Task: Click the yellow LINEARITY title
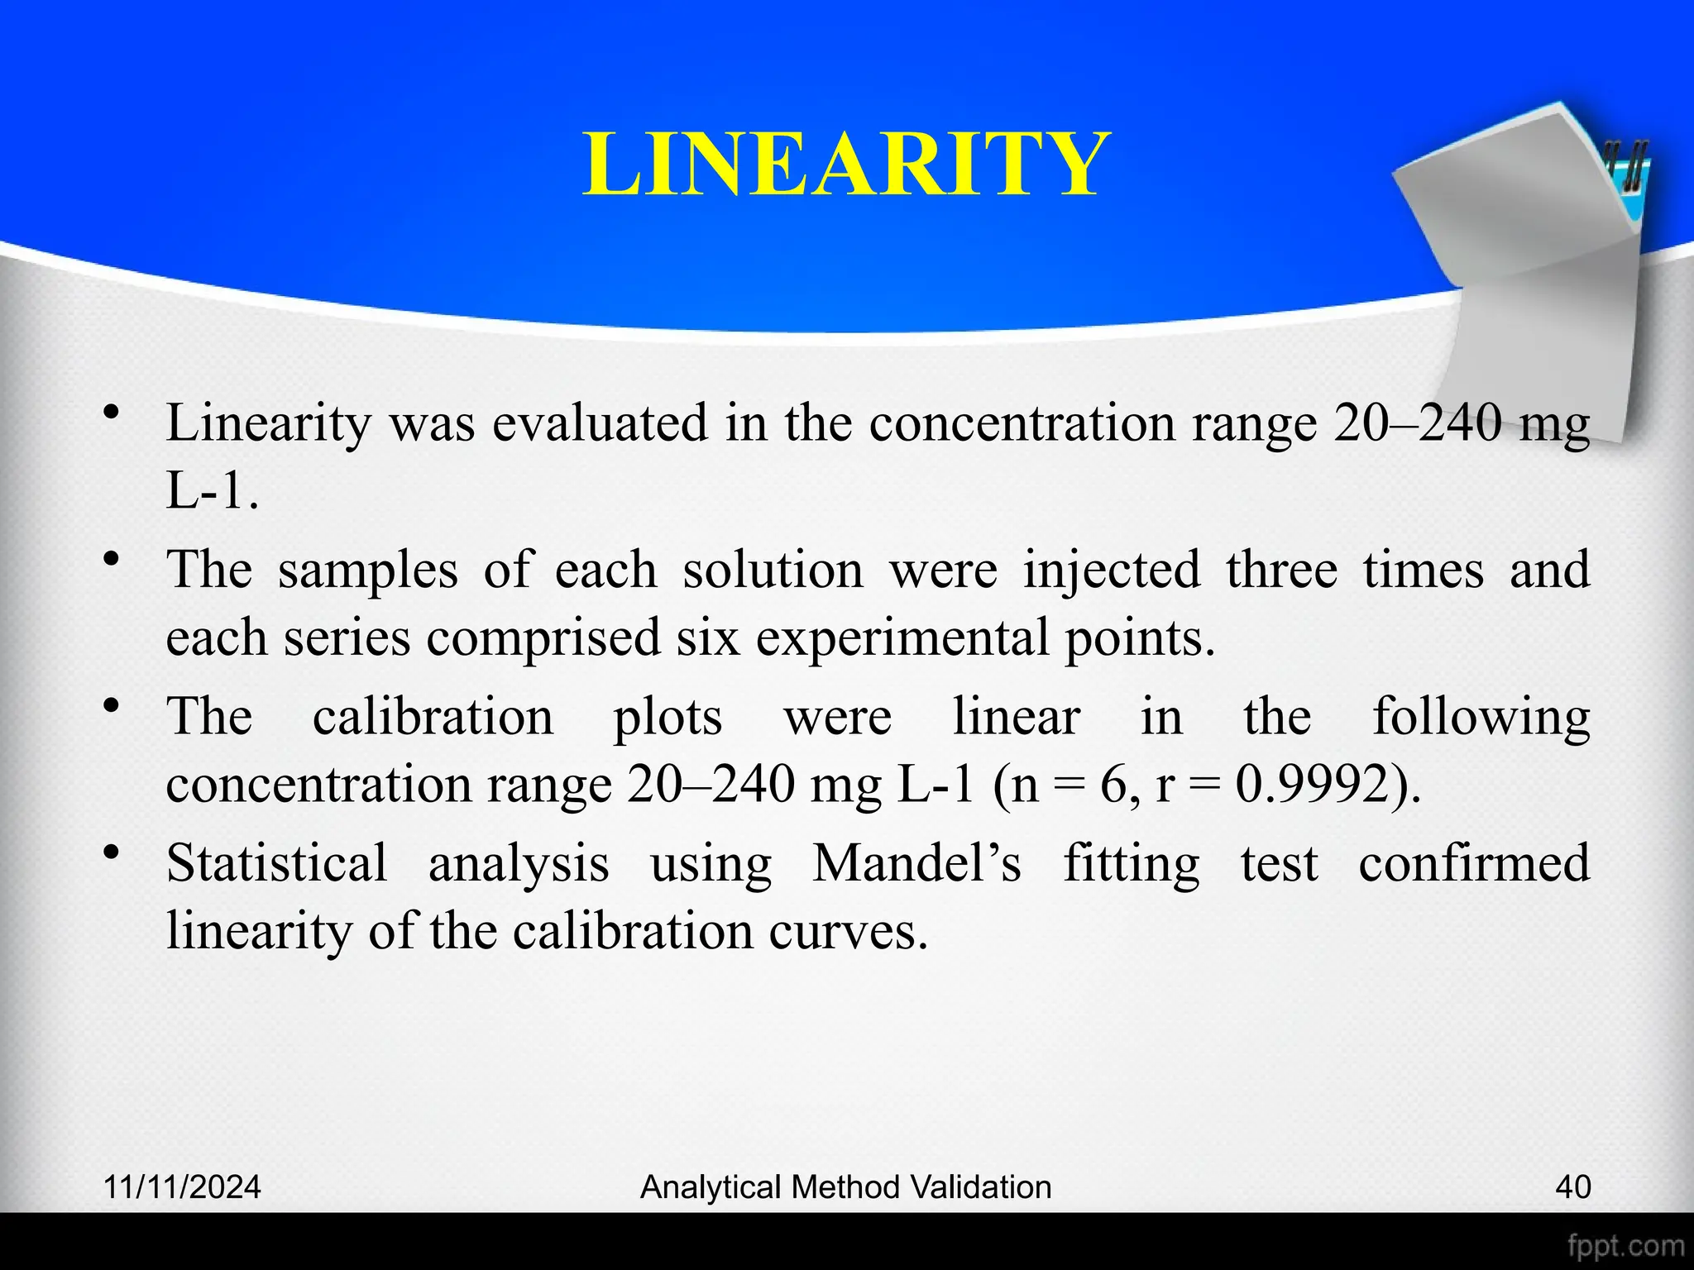pyautogui.click(x=846, y=165)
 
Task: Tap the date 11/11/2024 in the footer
pyautogui.click(x=182, y=1186)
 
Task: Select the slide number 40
pyautogui.click(x=1572, y=1186)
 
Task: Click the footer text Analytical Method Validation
pyautogui.click(x=846, y=1186)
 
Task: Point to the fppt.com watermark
pyautogui.click(x=1625, y=1245)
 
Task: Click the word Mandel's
pyautogui.click(x=916, y=863)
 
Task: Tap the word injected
pyautogui.click(x=1112, y=571)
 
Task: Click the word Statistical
pyautogui.click(x=277, y=863)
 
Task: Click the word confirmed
pyautogui.click(x=1474, y=863)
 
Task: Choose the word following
pyautogui.click(x=1481, y=718)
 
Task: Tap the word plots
pyautogui.click(x=668, y=718)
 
